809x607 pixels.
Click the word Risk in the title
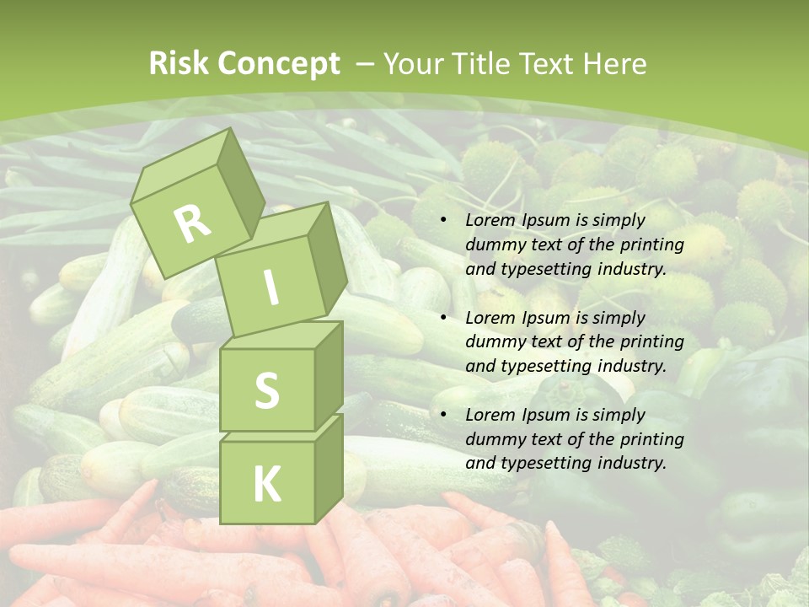pos(179,64)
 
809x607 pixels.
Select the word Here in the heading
pos(613,64)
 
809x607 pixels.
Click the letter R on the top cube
pos(193,223)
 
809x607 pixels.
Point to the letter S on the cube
pos(266,390)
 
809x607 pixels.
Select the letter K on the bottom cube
pos(266,484)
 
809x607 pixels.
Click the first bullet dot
pos(444,221)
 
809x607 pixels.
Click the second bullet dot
pos(444,319)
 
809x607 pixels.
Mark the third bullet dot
pos(444,416)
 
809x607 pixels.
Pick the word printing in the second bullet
pos(650,342)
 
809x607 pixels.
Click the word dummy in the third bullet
pos(493,439)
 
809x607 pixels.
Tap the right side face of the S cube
pos(329,371)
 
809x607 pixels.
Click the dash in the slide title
pos(366,64)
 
